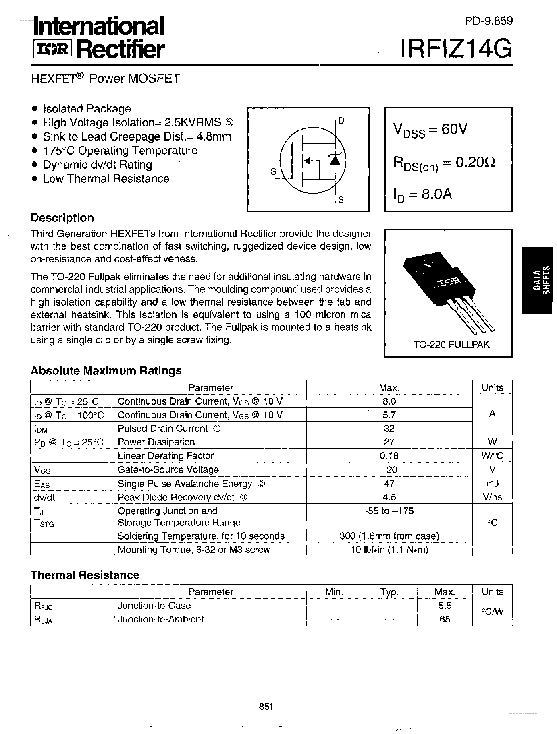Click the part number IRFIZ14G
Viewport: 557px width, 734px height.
tap(456, 50)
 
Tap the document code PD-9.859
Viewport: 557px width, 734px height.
tap(488, 21)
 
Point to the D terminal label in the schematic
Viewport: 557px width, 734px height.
tap(341, 120)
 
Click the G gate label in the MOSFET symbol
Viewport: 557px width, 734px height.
tap(274, 172)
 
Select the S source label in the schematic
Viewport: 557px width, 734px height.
tap(341, 200)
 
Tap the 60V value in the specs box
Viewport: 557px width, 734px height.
tap(454, 130)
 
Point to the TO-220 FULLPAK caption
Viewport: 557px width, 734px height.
tap(452, 345)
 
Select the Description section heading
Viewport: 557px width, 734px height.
tap(62, 218)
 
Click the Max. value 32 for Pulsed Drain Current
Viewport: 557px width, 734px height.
tap(389, 428)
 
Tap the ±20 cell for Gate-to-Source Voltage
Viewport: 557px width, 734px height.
tap(389, 469)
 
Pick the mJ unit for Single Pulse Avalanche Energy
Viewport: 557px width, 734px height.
tap(492, 483)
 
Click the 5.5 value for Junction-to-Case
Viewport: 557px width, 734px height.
tap(445, 606)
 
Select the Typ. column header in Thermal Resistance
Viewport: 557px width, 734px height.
tap(389, 592)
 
